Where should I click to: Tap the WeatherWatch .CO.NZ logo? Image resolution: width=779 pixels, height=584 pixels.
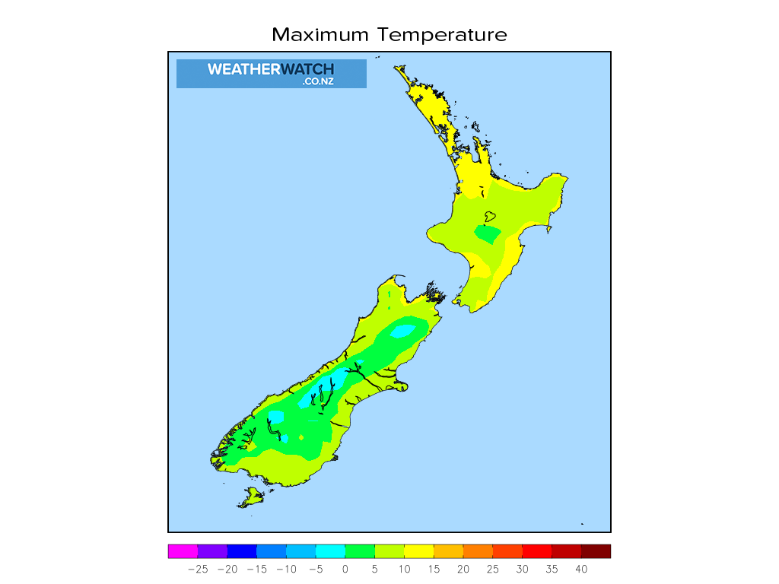(271, 73)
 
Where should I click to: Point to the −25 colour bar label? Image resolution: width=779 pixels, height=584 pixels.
(197, 569)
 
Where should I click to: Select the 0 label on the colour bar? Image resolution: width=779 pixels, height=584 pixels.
(345, 569)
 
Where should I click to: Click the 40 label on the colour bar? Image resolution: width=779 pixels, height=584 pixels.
(581, 569)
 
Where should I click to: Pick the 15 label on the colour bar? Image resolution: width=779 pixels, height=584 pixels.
(434, 569)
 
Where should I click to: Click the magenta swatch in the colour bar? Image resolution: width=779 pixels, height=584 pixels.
(183, 551)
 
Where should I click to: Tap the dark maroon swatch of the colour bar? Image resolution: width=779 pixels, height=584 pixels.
(596, 551)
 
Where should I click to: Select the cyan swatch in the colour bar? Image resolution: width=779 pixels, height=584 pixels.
(330, 551)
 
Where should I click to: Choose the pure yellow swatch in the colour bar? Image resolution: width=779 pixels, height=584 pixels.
(418, 551)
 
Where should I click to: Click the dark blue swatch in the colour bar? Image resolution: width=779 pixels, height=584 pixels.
(242, 551)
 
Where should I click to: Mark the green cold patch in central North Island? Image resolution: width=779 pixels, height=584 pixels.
(487, 231)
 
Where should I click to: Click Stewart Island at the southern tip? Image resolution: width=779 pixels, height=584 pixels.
(250, 497)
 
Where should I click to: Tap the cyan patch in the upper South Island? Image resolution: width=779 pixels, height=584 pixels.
(402, 330)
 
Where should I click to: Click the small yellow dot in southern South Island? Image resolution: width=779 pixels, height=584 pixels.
(302, 437)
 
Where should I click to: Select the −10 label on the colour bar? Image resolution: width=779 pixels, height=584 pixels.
(286, 569)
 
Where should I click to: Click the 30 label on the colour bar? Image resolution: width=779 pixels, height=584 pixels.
(522, 569)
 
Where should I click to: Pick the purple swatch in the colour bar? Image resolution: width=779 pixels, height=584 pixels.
(212, 551)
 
